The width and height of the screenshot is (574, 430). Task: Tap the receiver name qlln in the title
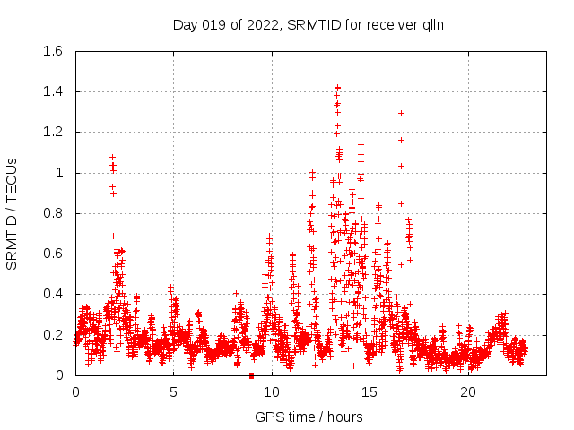point(429,25)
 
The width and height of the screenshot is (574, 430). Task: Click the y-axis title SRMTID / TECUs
point(13,213)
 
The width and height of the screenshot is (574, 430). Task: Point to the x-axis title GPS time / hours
point(309,417)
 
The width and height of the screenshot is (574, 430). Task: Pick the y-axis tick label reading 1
point(61,173)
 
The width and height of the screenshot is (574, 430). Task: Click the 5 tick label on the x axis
point(173,392)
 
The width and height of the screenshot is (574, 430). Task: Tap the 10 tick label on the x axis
point(272,392)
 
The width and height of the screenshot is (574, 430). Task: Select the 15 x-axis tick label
point(370,392)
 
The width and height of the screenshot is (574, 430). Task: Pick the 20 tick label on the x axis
point(468,392)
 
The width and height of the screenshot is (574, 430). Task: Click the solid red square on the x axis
point(252,375)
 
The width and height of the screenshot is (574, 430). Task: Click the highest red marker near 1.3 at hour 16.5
point(401,113)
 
